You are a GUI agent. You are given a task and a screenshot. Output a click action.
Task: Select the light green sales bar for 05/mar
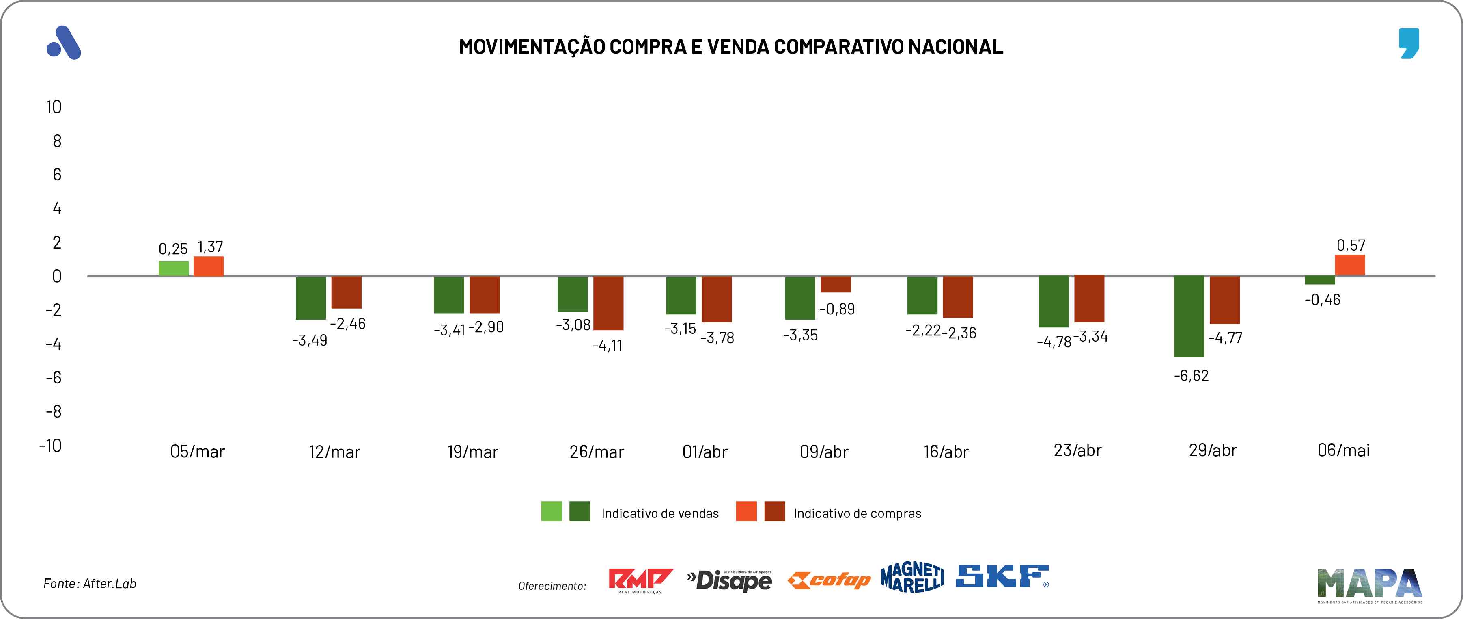[x=173, y=268]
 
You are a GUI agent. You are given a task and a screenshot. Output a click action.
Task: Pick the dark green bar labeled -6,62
[x=1189, y=316]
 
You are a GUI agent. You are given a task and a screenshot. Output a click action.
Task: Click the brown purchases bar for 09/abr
[x=836, y=284]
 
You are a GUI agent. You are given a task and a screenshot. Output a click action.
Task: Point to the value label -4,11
[x=607, y=346]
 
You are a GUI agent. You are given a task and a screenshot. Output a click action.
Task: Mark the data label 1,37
[x=210, y=247]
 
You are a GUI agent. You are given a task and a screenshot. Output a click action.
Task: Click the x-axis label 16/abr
[x=946, y=452]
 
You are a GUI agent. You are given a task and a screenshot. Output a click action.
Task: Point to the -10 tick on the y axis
[x=51, y=445]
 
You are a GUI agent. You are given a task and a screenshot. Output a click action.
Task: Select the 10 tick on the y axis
[x=54, y=107]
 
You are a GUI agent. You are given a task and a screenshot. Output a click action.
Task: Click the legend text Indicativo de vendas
[x=660, y=513]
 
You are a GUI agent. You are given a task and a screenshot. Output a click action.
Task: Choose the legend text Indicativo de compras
[x=857, y=513]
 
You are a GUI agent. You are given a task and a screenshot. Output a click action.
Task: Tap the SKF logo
[x=1002, y=576]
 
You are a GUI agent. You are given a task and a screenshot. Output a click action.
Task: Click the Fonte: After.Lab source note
[x=90, y=584]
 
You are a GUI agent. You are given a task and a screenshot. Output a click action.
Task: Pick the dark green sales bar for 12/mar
[x=311, y=298]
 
